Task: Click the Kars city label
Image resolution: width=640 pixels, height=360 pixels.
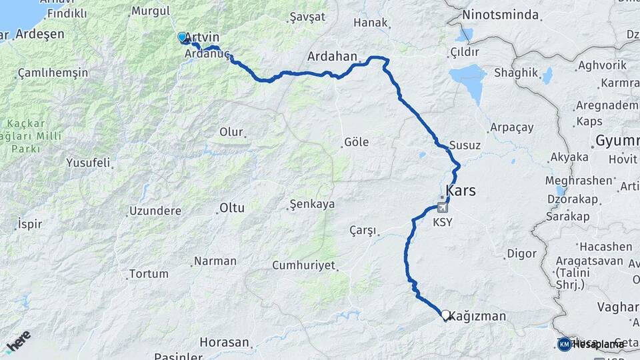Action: pyautogui.click(x=461, y=191)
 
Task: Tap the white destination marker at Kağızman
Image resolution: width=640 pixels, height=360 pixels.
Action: pyautogui.click(x=445, y=314)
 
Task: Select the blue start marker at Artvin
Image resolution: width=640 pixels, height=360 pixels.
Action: pyautogui.click(x=181, y=37)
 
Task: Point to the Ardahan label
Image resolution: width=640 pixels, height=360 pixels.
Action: pyautogui.click(x=333, y=56)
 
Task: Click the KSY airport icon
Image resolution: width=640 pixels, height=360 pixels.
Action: pyautogui.click(x=442, y=207)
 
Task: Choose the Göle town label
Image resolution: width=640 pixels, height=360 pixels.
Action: pyautogui.click(x=355, y=142)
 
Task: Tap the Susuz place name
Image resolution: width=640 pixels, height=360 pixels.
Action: pyautogui.click(x=465, y=145)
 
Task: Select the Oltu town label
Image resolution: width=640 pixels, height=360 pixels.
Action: pyautogui.click(x=231, y=208)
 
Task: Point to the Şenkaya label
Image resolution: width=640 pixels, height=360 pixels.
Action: pyautogui.click(x=312, y=204)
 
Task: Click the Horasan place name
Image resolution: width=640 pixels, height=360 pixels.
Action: pyautogui.click(x=227, y=343)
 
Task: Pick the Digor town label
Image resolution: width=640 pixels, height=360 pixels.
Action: pyautogui.click(x=521, y=253)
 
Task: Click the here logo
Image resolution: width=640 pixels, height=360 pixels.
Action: pyautogui.click(x=18, y=341)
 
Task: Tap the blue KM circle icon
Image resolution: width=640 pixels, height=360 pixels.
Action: pyautogui.click(x=565, y=344)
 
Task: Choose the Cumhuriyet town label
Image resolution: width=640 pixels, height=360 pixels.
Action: pyautogui.click(x=303, y=265)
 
